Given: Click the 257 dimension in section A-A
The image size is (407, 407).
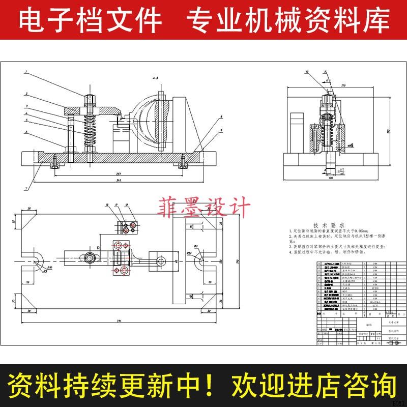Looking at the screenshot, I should click(104, 173).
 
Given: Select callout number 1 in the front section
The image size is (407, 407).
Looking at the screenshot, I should click(25, 73).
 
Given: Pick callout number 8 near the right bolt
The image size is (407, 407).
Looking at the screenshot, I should click(222, 117).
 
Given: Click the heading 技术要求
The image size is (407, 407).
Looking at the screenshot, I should click(329, 224).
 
